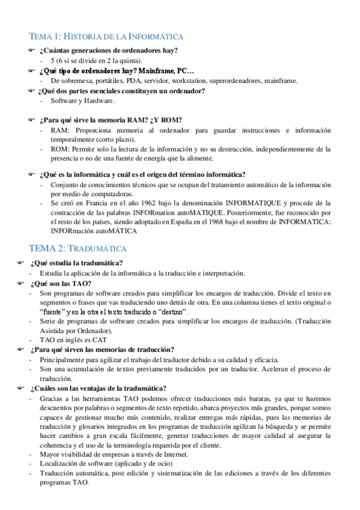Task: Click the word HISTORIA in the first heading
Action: pos(84,37)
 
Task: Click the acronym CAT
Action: pos(99,340)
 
